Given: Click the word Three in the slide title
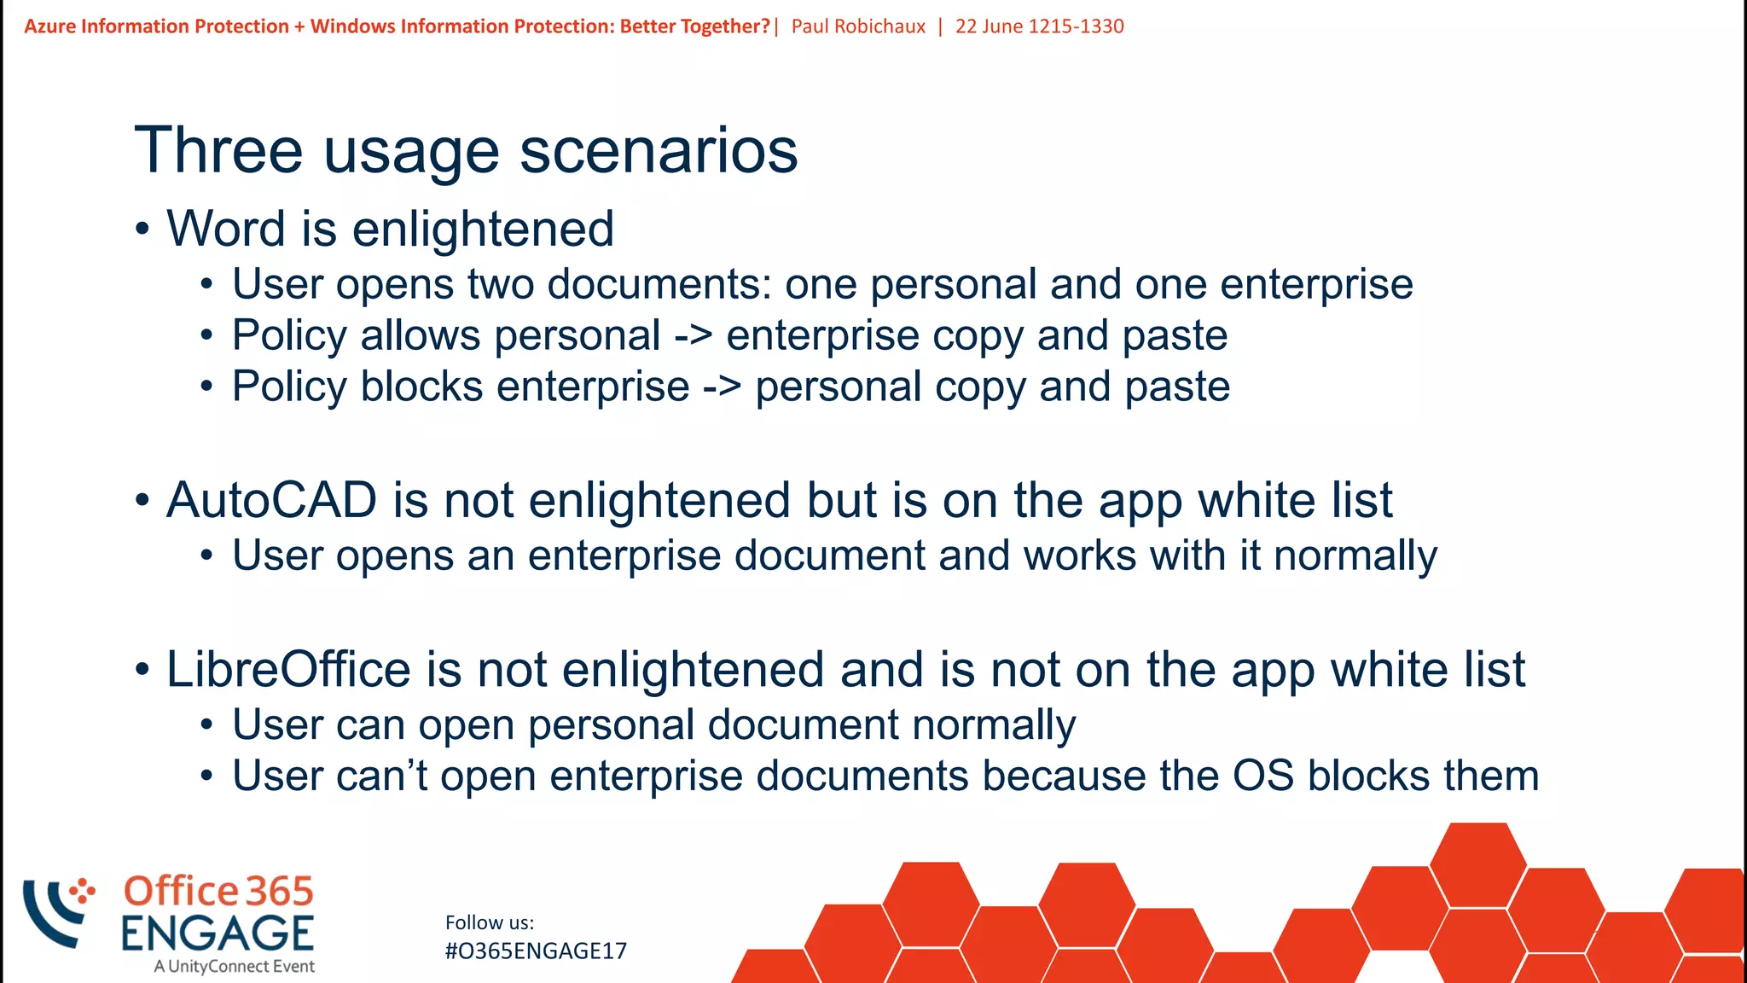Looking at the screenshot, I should pyautogui.click(x=218, y=151).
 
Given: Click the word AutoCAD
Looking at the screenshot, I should pyautogui.click(x=271, y=500).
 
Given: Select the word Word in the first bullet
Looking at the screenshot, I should pyautogui.click(x=225, y=230).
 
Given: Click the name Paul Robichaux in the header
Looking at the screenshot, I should pyautogui.click(x=858, y=26).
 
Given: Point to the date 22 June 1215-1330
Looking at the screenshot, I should pyautogui.click(x=1039, y=26).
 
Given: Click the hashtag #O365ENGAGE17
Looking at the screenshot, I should pyautogui.click(x=536, y=951).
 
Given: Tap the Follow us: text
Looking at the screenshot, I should pyautogui.click(x=490, y=922).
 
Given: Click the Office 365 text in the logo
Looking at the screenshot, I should pyautogui.click(x=218, y=892).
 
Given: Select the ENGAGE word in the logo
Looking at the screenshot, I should pyautogui.click(x=218, y=934).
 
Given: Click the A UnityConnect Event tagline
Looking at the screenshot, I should pyautogui.click(x=235, y=967).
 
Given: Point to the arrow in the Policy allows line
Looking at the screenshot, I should pyautogui.click(x=693, y=335).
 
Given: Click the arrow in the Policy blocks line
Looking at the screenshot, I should pyautogui.click(x=722, y=387).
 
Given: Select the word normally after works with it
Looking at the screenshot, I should pyautogui.click(x=1355, y=556).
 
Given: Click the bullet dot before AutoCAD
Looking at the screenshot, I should pyautogui.click(x=142, y=501).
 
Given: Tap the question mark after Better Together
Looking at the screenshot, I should pyautogui.click(x=764, y=26).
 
